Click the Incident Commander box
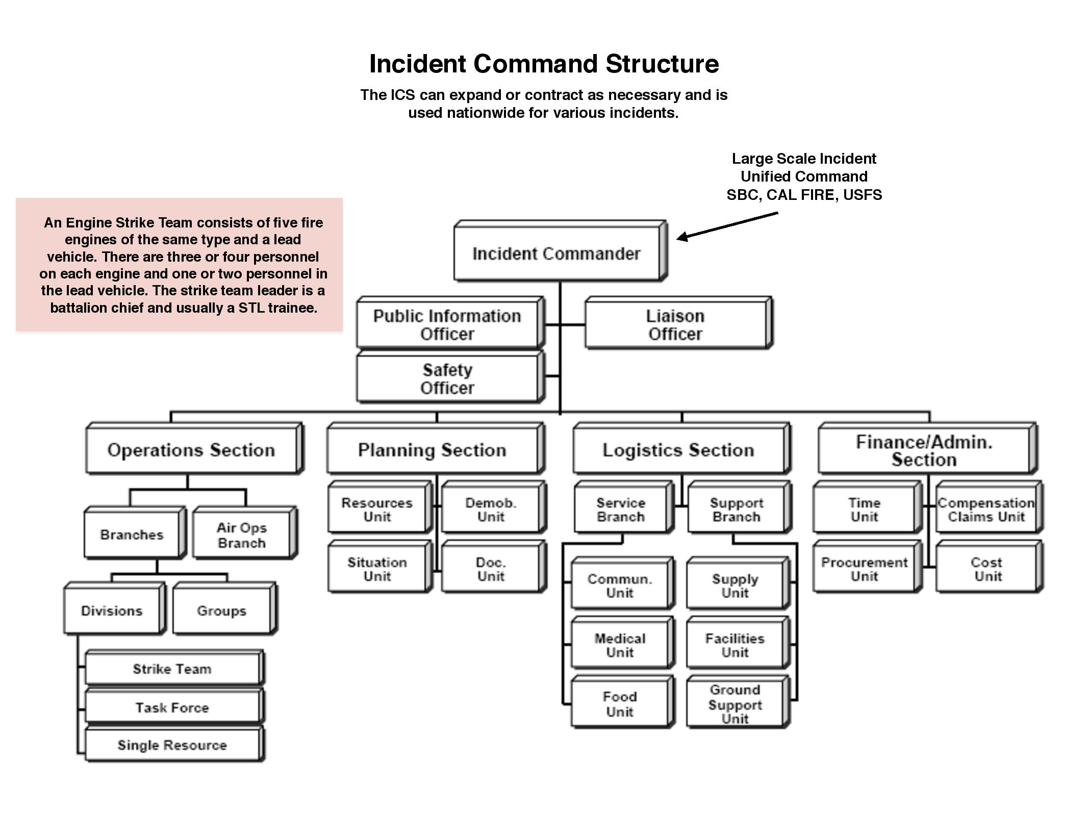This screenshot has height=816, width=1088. click(x=556, y=253)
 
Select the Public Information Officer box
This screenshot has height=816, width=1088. click(x=447, y=325)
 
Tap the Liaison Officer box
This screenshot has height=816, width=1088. click(x=675, y=325)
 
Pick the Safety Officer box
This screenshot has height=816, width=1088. click(x=447, y=379)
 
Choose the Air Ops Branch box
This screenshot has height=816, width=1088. click(x=241, y=535)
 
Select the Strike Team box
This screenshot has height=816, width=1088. click(x=172, y=669)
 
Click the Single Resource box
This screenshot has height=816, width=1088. click(x=172, y=745)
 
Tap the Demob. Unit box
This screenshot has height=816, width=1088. click(x=491, y=509)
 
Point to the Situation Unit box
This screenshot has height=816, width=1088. click(x=377, y=569)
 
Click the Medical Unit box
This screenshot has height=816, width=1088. click(x=620, y=645)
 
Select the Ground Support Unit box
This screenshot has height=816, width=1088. click(x=735, y=704)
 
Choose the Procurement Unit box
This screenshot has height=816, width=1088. click(x=864, y=569)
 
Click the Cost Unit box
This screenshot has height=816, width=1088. click(x=987, y=569)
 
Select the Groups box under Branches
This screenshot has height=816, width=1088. click(x=221, y=610)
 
